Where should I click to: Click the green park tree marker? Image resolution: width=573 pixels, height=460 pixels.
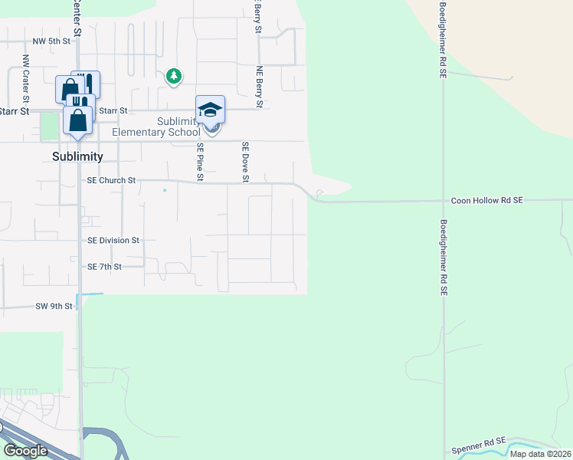(x=175, y=75)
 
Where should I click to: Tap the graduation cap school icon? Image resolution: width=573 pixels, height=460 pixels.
(x=210, y=110)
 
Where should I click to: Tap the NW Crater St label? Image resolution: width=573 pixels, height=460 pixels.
(x=25, y=78)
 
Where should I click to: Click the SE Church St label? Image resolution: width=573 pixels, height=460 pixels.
(x=111, y=181)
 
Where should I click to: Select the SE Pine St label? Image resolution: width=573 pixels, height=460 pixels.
(x=200, y=162)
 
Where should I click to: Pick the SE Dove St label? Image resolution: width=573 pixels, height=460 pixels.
(x=246, y=162)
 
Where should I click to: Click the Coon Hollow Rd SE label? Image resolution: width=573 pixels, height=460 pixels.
(x=486, y=200)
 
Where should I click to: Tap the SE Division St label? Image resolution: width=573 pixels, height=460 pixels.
(x=113, y=240)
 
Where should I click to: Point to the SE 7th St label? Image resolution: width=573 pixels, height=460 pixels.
(x=105, y=267)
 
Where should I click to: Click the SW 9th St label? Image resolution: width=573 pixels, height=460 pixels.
(x=54, y=306)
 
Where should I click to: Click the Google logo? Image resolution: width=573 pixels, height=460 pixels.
(x=25, y=451)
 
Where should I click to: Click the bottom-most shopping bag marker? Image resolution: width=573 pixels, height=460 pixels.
(x=77, y=120)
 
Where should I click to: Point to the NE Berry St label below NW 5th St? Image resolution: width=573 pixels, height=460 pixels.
(x=260, y=86)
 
